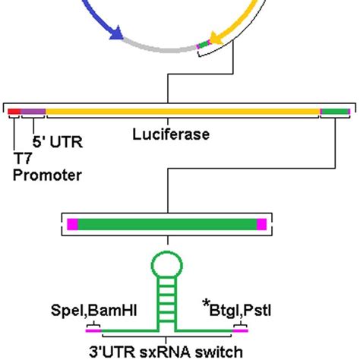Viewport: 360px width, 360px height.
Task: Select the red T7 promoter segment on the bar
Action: pos(14,112)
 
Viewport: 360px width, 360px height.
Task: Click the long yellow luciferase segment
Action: pos(182,112)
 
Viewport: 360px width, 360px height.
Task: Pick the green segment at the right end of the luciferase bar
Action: pos(335,112)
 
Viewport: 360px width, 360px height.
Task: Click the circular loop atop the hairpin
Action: pos(166,267)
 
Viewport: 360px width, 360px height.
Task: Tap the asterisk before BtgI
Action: pos(207,305)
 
